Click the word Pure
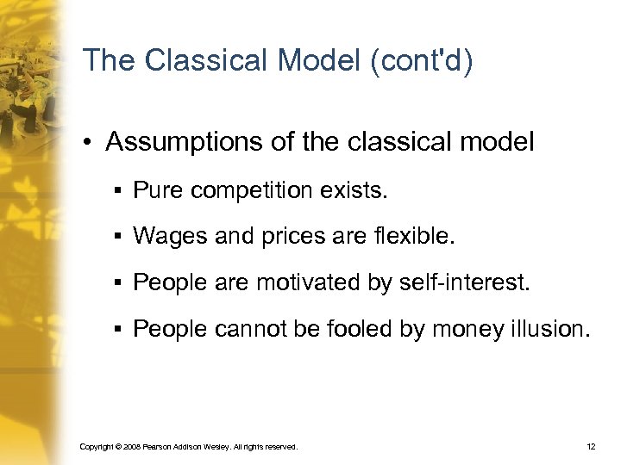click(x=154, y=189)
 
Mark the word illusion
click(x=550, y=329)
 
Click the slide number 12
click(x=591, y=447)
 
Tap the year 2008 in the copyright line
click(x=130, y=448)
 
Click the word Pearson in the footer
click(x=160, y=448)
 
